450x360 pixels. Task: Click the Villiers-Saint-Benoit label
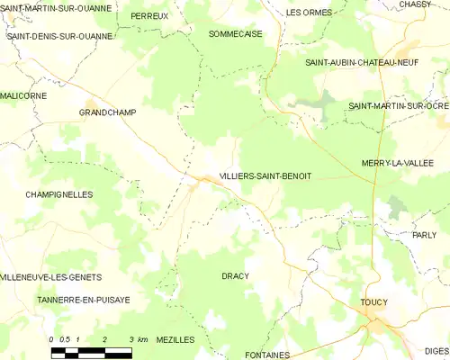click(265, 176)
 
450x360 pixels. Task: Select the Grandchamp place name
click(107, 112)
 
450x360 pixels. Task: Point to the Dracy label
click(235, 275)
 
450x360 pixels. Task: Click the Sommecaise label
click(235, 33)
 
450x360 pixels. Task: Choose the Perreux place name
click(148, 16)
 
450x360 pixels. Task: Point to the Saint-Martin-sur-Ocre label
click(399, 106)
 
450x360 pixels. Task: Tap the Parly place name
click(424, 234)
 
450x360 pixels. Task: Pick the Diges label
click(435, 351)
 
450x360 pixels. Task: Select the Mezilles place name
click(175, 339)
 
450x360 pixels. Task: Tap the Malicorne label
click(23, 94)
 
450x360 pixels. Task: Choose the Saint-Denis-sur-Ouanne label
click(59, 37)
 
